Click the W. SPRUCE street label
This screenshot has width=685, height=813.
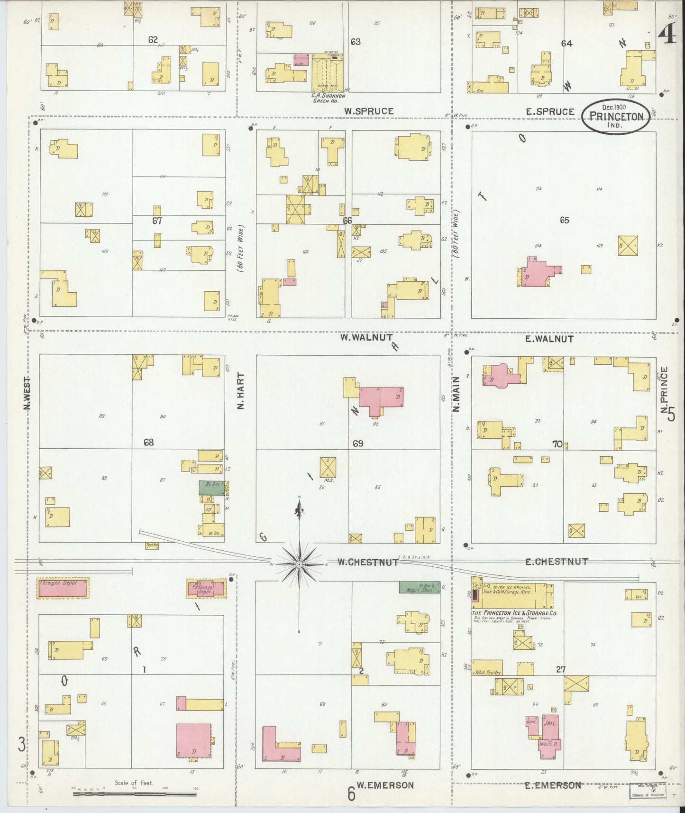click(x=368, y=111)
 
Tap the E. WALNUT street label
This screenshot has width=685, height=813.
click(x=549, y=339)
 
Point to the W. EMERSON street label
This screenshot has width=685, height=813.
click(x=385, y=785)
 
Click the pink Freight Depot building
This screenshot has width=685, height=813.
click(x=63, y=588)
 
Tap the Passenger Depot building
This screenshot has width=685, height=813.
click(x=206, y=588)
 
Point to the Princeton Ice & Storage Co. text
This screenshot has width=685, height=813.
click(x=514, y=613)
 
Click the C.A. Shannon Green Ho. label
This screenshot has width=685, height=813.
click(x=327, y=96)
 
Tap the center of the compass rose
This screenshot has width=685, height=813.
click(x=299, y=564)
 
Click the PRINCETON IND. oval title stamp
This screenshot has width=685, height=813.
click(x=616, y=116)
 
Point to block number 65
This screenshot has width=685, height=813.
click(x=564, y=220)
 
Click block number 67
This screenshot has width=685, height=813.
click(x=157, y=221)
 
